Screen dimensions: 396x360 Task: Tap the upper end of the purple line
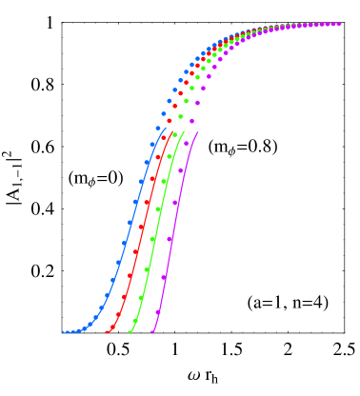tap(197, 132)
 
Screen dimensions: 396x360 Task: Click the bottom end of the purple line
tap(150, 332)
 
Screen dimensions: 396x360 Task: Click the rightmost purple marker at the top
tap(338, 24)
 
